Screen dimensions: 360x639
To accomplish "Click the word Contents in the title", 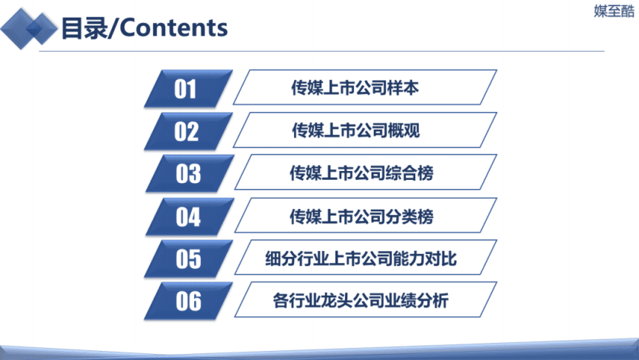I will pyautogui.click(x=174, y=28).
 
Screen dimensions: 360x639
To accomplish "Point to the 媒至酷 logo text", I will pyautogui.click(x=614, y=11).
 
